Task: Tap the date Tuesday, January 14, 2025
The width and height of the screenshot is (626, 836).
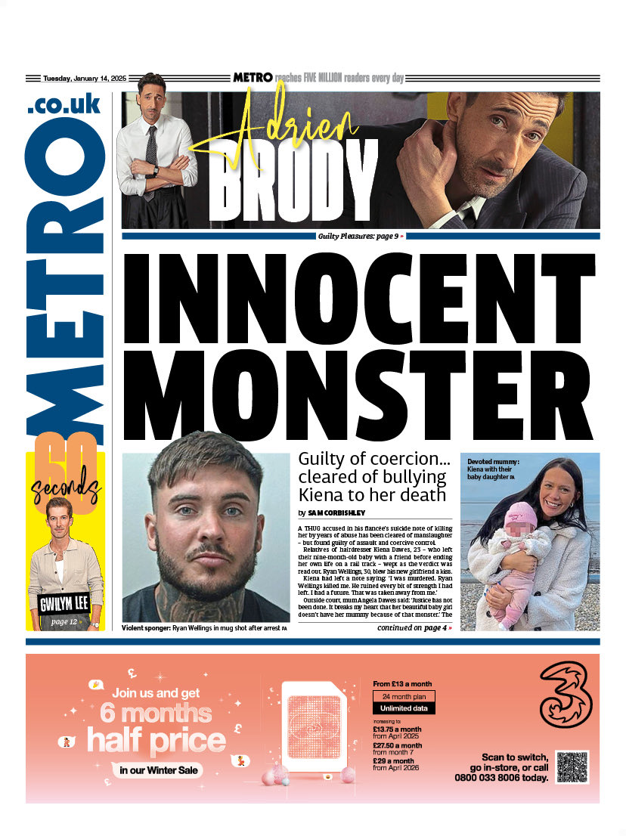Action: coord(84,79)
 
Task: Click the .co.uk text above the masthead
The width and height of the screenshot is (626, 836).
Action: coord(64,105)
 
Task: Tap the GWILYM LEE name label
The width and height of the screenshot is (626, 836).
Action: coord(66,604)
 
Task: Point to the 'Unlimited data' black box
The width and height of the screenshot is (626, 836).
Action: coord(403,708)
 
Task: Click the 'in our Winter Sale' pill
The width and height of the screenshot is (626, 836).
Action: coord(160,770)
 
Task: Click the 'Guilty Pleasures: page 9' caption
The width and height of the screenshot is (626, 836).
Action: coord(359,237)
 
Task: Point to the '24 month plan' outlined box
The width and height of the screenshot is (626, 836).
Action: coord(403,696)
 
